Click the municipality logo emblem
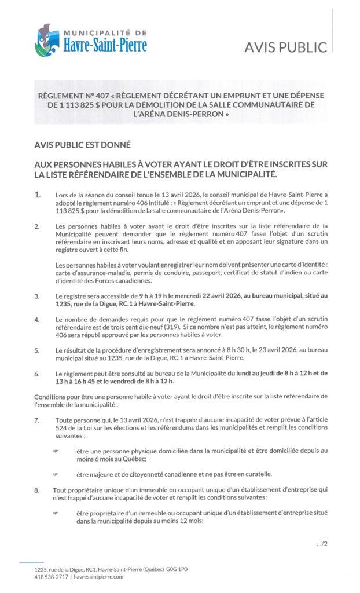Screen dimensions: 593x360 point(47,40)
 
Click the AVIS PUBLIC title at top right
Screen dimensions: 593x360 point(286,47)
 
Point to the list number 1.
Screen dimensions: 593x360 point(38,195)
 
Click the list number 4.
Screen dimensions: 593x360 point(37,319)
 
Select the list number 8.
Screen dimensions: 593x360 point(37,490)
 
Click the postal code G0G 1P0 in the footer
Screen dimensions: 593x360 point(177,569)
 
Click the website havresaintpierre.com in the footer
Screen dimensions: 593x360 point(98,577)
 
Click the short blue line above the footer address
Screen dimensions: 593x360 point(31,562)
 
